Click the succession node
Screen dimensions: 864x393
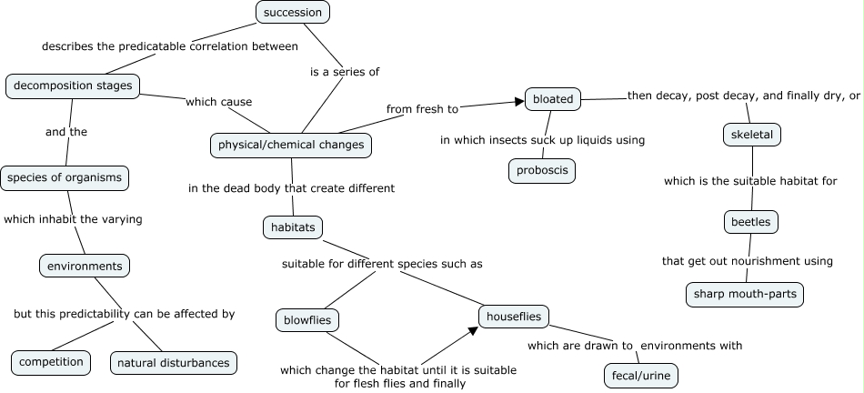click(293, 12)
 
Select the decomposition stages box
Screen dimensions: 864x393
click(73, 86)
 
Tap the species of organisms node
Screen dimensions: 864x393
click(65, 178)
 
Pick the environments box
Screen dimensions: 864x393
click(85, 267)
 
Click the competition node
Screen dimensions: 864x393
click(51, 363)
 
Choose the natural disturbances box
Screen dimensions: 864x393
click(174, 363)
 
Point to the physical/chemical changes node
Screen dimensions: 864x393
click(291, 146)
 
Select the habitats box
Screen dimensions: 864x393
click(293, 227)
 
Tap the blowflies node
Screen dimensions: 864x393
click(307, 320)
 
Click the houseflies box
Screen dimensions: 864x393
click(514, 317)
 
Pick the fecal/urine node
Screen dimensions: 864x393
click(641, 376)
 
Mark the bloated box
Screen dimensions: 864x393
click(553, 99)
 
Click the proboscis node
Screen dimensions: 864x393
click(542, 170)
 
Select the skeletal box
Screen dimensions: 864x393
click(752, 135)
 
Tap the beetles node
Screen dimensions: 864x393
click(751, 222)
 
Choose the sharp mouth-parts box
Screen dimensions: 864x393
click(745, 295)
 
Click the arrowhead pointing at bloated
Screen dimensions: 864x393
click(519, 101)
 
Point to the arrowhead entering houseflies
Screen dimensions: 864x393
click(474, 330)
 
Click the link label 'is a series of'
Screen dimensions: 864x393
click(345, 72)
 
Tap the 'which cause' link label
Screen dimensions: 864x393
click(219, 102)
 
